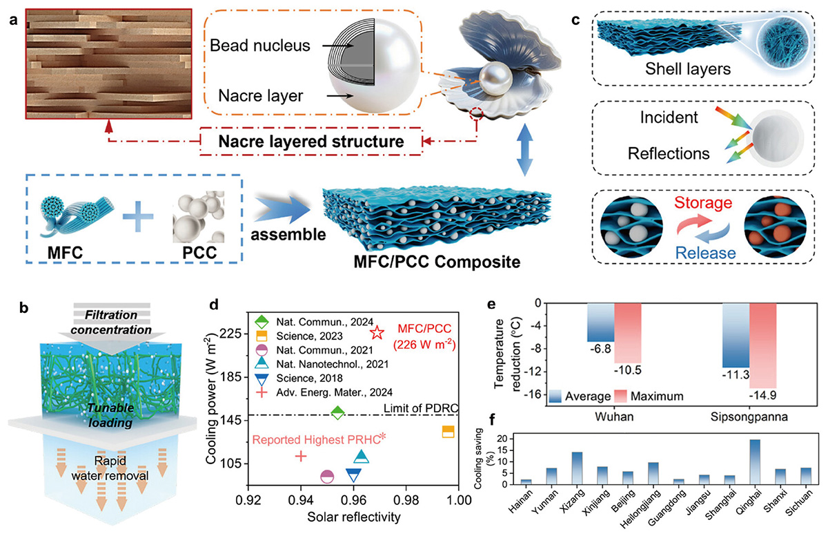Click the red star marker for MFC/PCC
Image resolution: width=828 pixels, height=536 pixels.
coord(377,333)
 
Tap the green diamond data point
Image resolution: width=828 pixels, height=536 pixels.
coord(337,412)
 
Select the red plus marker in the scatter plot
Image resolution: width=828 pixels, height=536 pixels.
coord(301,456)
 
